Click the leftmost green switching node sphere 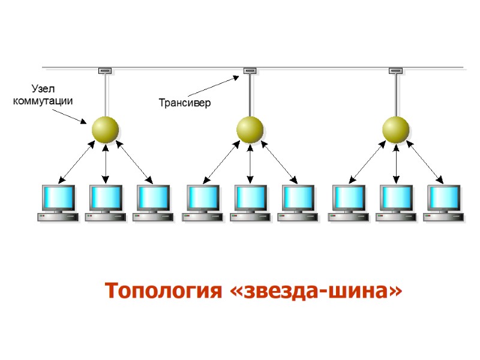[105, 129]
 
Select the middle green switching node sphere [250, 129]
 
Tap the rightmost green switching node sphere [395, 129]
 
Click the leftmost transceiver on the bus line [105, 71]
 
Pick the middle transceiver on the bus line [250, 71]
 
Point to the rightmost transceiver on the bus [395, 71]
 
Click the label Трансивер [185, 103]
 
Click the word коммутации [43, 101]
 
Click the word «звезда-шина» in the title [316, 291]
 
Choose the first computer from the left [58, 203]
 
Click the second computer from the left [106, 203]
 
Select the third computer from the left [153, 203]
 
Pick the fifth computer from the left [250, 203]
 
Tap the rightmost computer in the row [443, 203]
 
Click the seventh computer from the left [349, 203]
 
